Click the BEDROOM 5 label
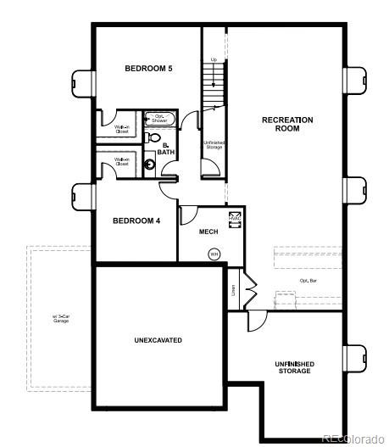[148, 69]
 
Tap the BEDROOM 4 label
[136, 221]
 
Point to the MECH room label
[208, 231]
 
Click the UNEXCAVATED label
[158, 340]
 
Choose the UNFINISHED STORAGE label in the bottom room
[293, 367]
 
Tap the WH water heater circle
[214, 253]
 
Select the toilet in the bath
[154, 137]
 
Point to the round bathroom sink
[151, 165]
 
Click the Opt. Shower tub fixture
[159, 119]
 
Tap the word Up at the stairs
[214, 59]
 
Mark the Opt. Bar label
[308, 279]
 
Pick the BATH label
[166, 149]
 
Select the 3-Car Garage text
[60, 319]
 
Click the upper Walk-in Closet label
[123, 130]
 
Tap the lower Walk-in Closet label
[123, 162]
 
